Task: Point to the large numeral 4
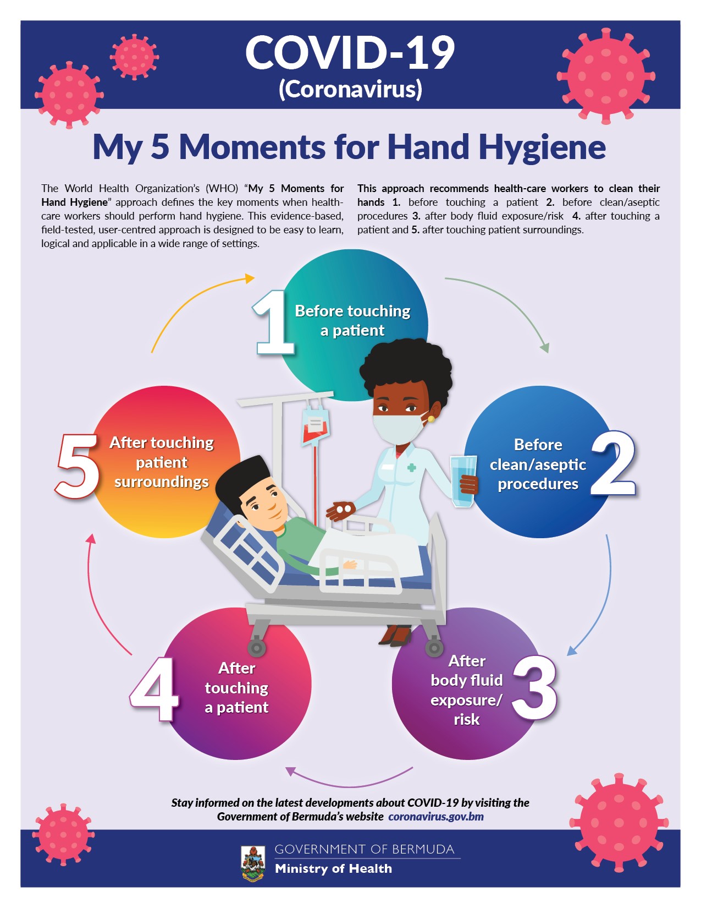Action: tap(154, 690)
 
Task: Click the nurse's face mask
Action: tap(399, 428)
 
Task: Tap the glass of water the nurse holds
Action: tap(463, 481)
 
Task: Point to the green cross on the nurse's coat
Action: tap(412, 467)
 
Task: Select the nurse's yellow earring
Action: tap(431, 418)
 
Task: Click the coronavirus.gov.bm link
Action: tap(436, 817)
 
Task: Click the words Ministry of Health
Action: tap(333, 869)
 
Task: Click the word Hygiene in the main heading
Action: tap(542, 148)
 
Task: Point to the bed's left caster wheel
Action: tap(256, 648)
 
